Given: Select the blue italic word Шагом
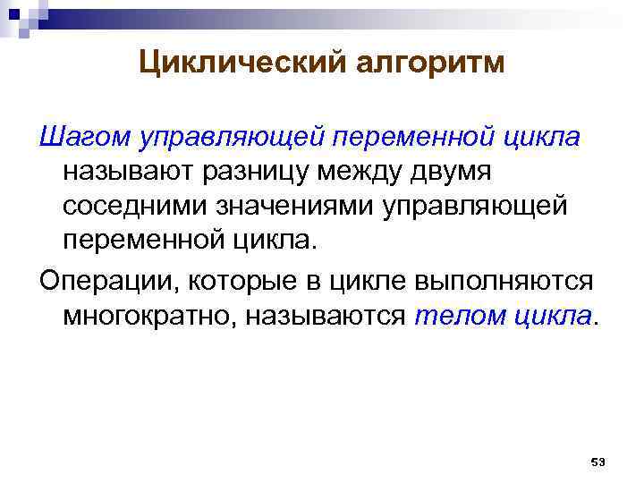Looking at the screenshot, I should click(84, 139).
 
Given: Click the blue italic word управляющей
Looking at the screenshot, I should click(233, 139).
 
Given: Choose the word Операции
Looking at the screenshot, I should click(97, 281).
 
